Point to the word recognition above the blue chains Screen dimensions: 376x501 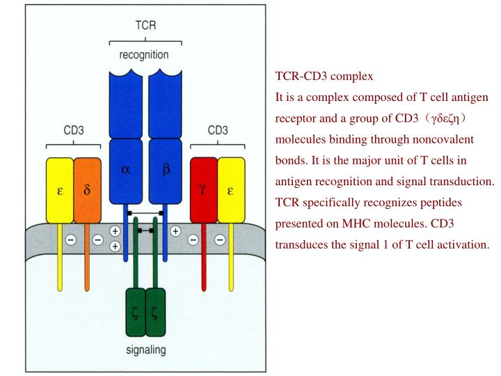click(143, 54)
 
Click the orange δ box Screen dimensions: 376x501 click(87, 190)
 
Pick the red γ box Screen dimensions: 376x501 click(203, 190)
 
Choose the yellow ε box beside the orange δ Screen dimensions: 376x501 click(60, 190)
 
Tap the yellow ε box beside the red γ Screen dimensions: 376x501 click(230, 190)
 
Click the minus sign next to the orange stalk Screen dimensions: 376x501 click(97, 240)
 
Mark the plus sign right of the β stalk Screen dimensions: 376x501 click(176, 230)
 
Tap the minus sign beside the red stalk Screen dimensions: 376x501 click(193, 240)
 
